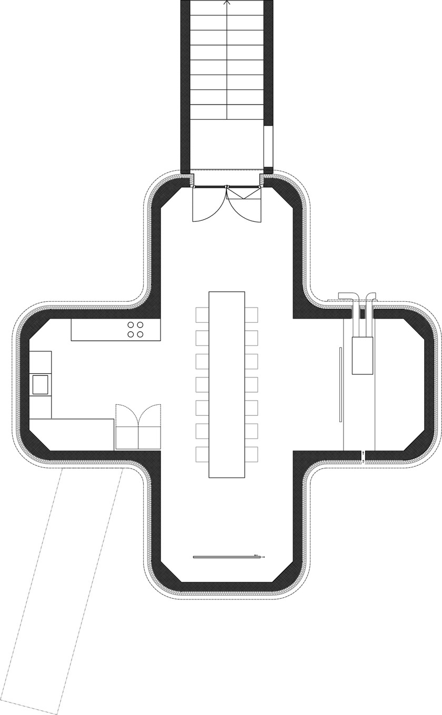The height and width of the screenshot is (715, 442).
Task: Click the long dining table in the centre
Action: pyautogui.click(x=227, y=384)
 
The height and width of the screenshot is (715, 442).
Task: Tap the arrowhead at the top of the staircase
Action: pyautogui.click(x=227, y=3)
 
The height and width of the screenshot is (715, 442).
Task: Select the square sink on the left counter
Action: pyautogui.click(x=41, y=384)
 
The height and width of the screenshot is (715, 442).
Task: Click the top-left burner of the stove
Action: pyautogui.click(x=130, y=325)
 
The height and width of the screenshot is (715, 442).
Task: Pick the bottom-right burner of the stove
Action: pyautogui.click(x=140, y=334)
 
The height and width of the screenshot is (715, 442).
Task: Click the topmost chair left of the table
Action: pyautogui.click(x=203, y=315)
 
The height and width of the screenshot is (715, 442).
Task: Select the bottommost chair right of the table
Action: pyautogui.click(x=252, y=454)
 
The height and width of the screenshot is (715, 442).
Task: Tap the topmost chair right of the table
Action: pyautogui.click(x=252, y=315)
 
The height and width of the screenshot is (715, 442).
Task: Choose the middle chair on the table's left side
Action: pyautogui.click(x=203, y=385)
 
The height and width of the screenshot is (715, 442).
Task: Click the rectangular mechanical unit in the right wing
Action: pyautogui.click(x=363, y=355)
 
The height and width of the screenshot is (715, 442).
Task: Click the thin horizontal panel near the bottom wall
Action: pyautogui.click(x=226, y=557)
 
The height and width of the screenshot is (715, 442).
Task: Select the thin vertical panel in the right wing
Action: pyautogui.click(x=341, y=384)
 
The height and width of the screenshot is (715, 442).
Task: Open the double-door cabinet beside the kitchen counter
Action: pyautogui.click(x=138, y=427)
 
